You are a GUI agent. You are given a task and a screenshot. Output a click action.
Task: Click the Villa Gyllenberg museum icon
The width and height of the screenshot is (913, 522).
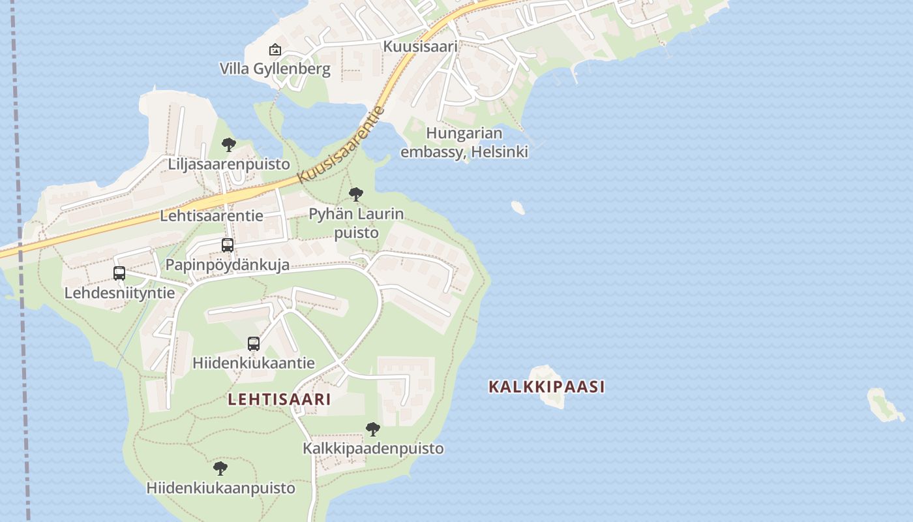click(x=275, y=50)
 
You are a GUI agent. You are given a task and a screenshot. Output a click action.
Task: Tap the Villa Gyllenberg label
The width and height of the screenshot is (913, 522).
click(x=275, y=69)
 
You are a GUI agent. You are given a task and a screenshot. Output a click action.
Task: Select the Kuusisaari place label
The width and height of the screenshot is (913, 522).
click(x=420, y=46)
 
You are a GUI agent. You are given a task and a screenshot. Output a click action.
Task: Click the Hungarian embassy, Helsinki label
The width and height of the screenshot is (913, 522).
click(x=464, y=142)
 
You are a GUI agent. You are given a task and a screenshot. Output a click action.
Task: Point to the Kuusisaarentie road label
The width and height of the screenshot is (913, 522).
click(x=340, y=145)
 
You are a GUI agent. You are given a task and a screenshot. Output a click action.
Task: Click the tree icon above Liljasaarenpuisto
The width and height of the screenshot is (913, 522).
click(x=228, y=144)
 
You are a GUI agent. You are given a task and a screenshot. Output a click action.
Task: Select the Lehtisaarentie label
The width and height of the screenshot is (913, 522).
click(x=212, y=215)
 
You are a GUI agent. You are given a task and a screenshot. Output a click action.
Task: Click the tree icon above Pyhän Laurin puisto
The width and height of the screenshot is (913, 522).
click(x=355, y=194)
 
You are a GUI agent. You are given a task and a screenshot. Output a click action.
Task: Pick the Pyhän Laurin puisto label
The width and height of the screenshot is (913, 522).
click(x=356, y=223)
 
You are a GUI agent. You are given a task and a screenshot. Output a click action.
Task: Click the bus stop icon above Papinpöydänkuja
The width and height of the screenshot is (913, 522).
click(x=228, y=245)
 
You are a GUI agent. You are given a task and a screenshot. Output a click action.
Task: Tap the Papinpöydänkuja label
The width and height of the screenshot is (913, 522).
click(x=228, y=265)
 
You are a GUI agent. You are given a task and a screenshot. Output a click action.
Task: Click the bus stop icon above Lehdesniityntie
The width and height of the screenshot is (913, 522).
click(x=119, y=273)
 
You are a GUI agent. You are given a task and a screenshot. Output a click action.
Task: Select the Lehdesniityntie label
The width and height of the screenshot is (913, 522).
click(x=119, y=292)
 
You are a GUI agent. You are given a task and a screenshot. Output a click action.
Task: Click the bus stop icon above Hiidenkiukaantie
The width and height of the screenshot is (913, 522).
click(x=254, y=344)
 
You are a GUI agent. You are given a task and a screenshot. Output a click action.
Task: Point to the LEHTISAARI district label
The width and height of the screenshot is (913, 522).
click(x=279, y=399)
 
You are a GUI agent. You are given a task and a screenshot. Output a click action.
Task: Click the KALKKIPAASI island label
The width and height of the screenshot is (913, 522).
click(x=546, y=386)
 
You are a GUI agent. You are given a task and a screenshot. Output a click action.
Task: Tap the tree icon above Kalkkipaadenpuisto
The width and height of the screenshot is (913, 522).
click(x=373, y=429)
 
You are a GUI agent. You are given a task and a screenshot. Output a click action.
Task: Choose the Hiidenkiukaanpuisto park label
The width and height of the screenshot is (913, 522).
click(x=220, y=487)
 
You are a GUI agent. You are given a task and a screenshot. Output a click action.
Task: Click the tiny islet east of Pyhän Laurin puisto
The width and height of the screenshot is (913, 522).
click(x=518, y=207)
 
